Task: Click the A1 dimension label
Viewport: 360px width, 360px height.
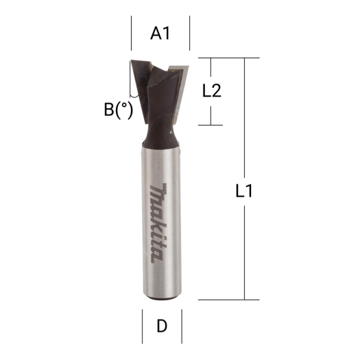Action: tap(160, 33)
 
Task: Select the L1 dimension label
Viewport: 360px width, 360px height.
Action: tap(245, 192)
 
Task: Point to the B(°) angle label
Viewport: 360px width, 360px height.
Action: tap(118, 110)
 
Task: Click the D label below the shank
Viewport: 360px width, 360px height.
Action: tap(163, 325)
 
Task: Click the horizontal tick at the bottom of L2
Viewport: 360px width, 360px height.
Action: tap(212, 125)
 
